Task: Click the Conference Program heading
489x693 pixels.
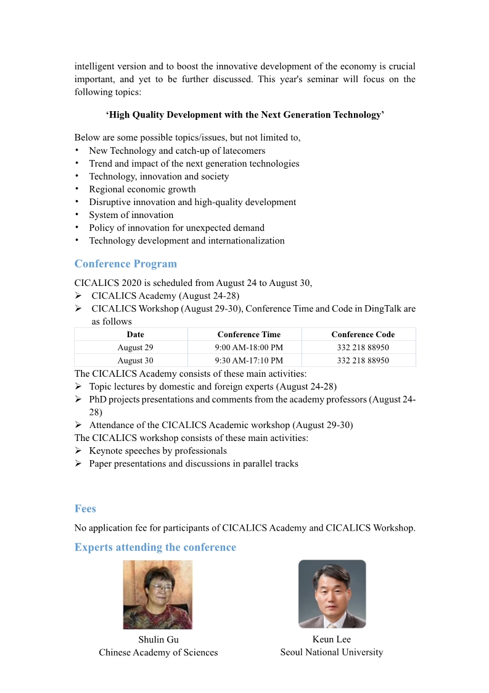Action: coord(125,264)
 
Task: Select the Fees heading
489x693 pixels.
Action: coord(85,508)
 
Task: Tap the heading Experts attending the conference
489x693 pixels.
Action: coord(155,547)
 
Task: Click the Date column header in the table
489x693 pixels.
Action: coord(135,334)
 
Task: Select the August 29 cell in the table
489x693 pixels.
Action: coord(135,347)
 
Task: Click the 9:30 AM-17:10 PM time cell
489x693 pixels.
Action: coord(249,360)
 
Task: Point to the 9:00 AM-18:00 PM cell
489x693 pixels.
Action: coord(249,347)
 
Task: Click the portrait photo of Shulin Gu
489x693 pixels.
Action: coord(158,594)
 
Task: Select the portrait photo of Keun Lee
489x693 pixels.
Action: coord(332,594)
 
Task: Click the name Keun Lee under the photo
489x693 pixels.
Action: coord(332,639)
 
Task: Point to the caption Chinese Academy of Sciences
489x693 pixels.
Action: coord(158,652)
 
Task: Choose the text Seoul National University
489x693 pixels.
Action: coord(332,652)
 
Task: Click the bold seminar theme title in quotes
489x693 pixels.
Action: coord(245,115)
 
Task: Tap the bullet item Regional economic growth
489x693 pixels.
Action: coord(142,189)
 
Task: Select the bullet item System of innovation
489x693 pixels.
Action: coord(131,215)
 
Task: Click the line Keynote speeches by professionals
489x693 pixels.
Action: coord(158,450)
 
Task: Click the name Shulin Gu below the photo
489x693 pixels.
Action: coord(158,639)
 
